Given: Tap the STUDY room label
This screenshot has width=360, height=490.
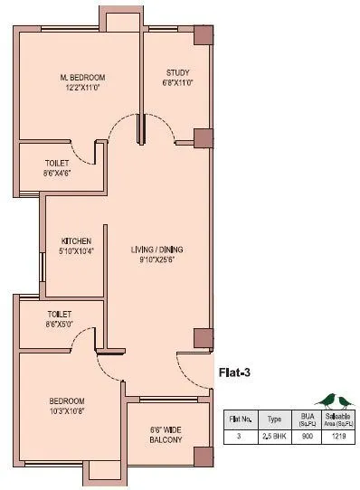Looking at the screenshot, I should coord(176,72).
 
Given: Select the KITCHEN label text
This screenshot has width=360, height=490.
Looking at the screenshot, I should coord(77,240).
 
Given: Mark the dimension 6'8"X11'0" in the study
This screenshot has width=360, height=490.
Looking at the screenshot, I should coord(176,82).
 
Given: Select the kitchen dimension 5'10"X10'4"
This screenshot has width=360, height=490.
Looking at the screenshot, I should coord(77,251).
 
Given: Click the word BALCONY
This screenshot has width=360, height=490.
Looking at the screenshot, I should coord(167,440).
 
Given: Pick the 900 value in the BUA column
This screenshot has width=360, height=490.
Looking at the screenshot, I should coord(307,437).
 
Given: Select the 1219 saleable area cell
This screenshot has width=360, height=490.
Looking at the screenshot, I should coord(338,437).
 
